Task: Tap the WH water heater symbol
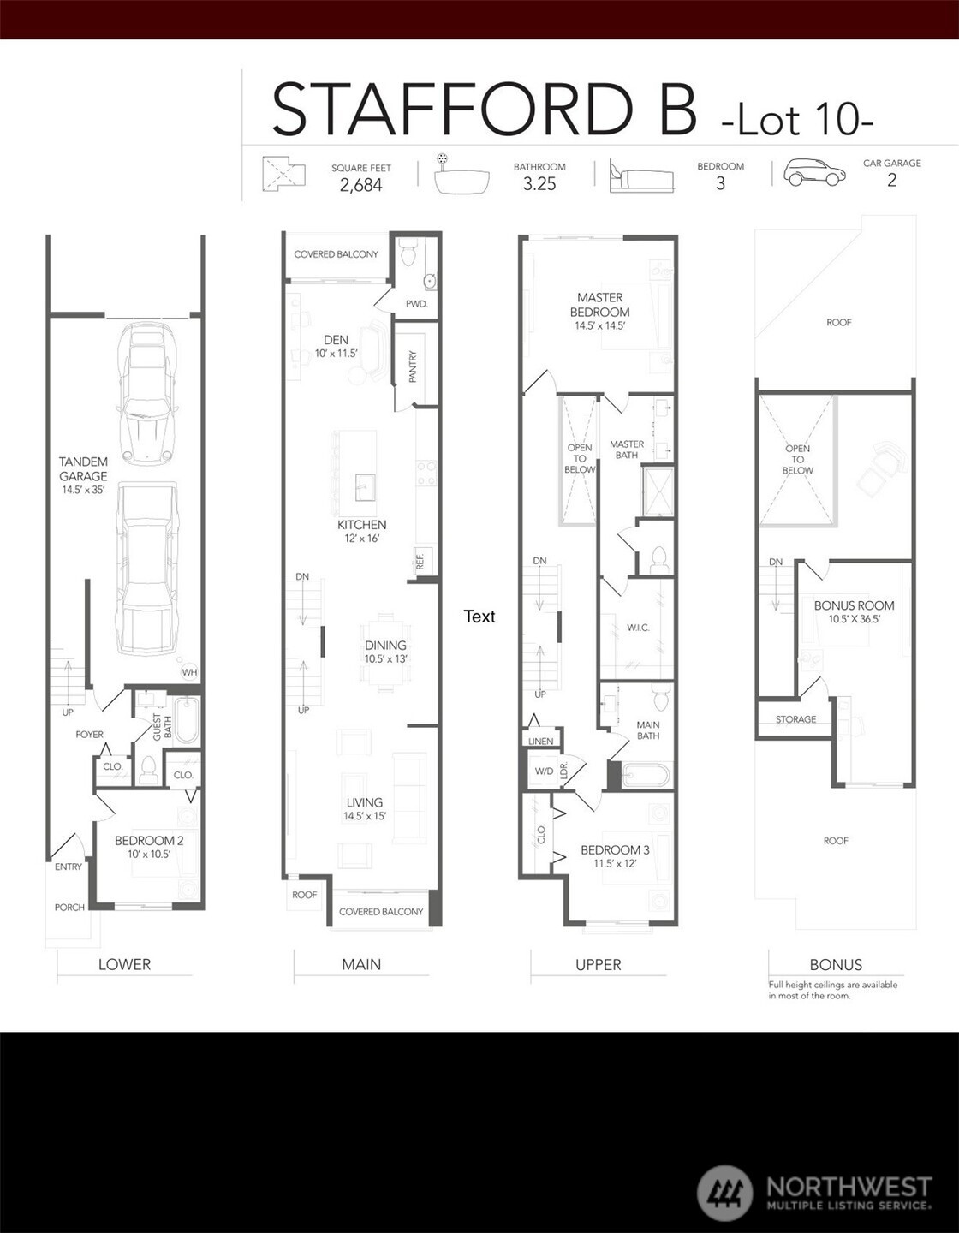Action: (x=189, y=672)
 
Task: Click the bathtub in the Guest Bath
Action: (x=186, y=720)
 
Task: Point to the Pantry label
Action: (x=413, y=366)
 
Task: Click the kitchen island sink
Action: (x=366, y=487)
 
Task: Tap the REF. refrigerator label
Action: (x=420, y=562)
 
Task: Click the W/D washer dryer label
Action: (x=545, y=771)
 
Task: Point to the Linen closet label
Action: (x=541, y=741)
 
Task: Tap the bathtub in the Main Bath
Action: (x=646, y=775)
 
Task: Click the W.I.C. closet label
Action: (x=639, y=628)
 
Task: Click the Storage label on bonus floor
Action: (x=795, y=719)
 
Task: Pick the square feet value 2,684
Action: (x=360, y=185)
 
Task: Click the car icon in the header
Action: (x=813, y=172)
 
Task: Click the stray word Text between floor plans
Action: (x=479, y=616)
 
